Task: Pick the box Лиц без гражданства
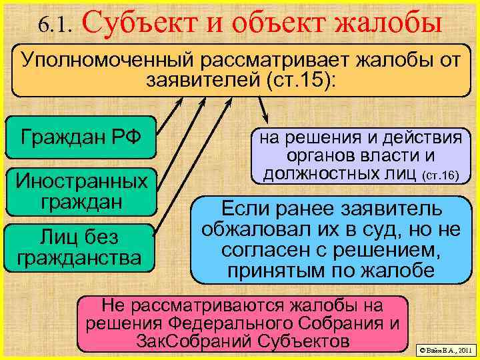(x=81, y=247)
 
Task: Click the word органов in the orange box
(x=321, y=157)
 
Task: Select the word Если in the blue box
(x=245, y=209)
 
